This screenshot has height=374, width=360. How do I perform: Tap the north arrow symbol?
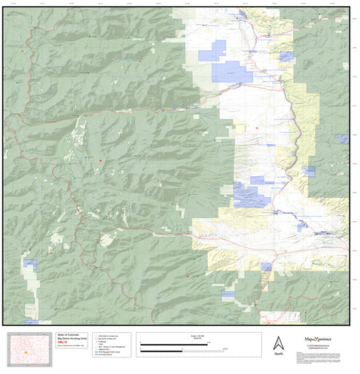[x=278, y=341]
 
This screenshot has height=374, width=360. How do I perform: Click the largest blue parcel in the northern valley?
[x=232, y=72]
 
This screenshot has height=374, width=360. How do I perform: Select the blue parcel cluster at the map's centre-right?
[x=251, y=193]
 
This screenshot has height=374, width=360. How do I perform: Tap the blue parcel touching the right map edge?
[x=343, y=138]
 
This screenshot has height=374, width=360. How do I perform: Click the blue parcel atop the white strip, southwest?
[x=31, y=263]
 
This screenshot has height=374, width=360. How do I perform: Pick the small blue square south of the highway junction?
[x=266, y=266]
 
